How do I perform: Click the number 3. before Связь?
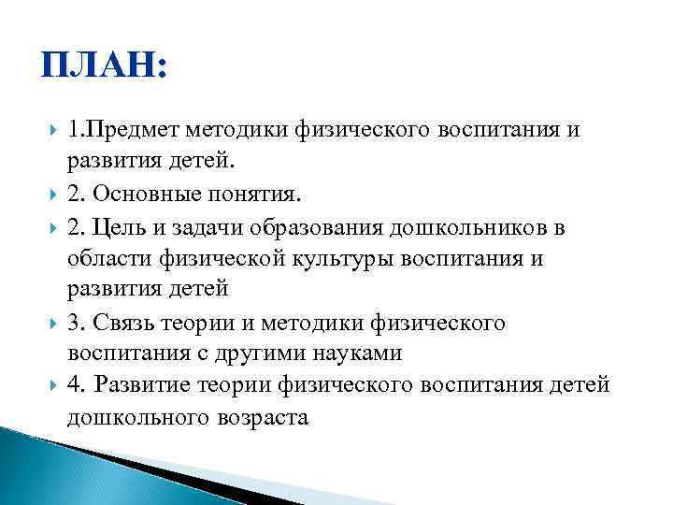tap(76, 323)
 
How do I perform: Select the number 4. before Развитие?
tap(76, 384)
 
